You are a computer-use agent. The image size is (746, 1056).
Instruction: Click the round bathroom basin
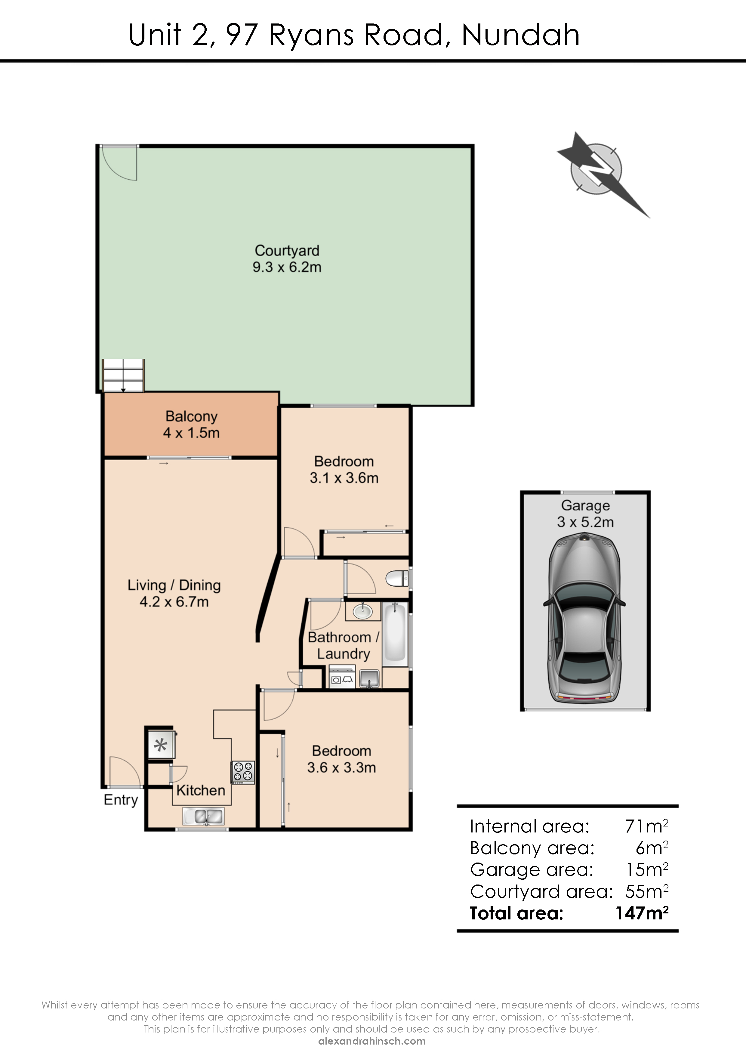(363, 611)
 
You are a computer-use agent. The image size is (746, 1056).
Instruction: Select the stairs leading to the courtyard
(123, 376)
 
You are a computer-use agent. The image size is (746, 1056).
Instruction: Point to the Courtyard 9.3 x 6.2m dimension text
(287, 267)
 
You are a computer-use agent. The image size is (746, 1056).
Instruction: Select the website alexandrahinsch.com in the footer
(372, 1041)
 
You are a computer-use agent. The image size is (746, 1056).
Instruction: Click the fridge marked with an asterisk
(161, 744)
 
